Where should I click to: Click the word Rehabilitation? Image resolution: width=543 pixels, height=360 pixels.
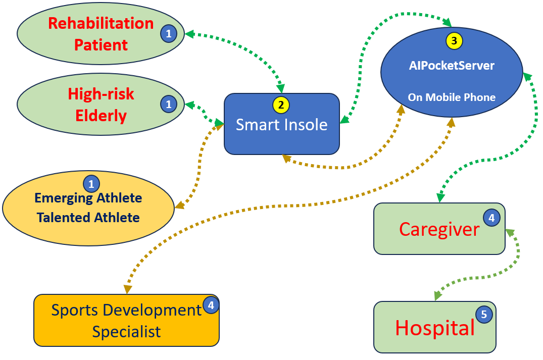[x=101, y=24]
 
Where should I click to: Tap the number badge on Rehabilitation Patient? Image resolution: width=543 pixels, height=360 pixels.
[x=169, y=34]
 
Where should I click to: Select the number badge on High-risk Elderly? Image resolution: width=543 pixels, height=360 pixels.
[x=169, y=104]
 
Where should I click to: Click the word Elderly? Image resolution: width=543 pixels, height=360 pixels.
[x=101, y=116]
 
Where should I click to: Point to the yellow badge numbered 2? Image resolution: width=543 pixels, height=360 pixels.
[x=281, y=105]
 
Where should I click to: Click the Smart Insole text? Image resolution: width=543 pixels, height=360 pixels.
[x=281, y=125]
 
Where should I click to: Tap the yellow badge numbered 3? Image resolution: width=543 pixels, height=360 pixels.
[x=454, y=41]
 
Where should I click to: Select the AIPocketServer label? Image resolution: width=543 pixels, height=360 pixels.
[x=452, y=66]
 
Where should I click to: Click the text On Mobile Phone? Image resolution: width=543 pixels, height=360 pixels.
[x=452, y=97]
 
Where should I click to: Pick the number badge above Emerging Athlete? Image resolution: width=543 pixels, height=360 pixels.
[x=91, y=184]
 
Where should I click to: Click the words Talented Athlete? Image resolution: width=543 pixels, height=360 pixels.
[x=88, y=218]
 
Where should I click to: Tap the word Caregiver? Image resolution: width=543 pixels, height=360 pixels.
[x=439, y=230]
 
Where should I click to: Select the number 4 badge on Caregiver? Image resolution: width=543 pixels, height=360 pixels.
[x=491, y=218]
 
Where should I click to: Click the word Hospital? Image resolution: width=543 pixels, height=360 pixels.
[x=434, y=328]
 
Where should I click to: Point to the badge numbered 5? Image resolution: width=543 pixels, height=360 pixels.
[x=484, y=315]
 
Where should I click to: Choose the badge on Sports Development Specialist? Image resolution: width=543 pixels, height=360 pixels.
[x=211, y=305]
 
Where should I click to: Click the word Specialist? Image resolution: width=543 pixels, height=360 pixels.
[x=126, y=332]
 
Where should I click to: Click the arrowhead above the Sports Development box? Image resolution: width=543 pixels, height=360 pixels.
[x=128, y=289]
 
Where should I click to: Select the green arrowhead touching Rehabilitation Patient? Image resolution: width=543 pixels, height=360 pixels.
[x=189, y=34]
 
